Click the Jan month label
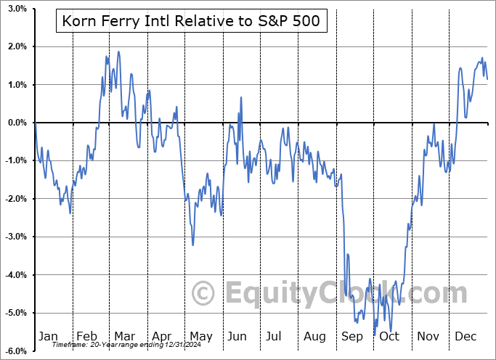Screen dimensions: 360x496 47,336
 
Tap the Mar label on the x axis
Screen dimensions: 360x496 125,336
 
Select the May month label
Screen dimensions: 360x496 200,336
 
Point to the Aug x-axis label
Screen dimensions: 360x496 315,336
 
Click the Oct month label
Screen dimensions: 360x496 389,336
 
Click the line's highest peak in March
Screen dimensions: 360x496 118,52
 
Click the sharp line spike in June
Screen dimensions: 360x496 240,96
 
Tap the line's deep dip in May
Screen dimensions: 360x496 192,245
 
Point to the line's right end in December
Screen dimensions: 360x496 487,78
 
